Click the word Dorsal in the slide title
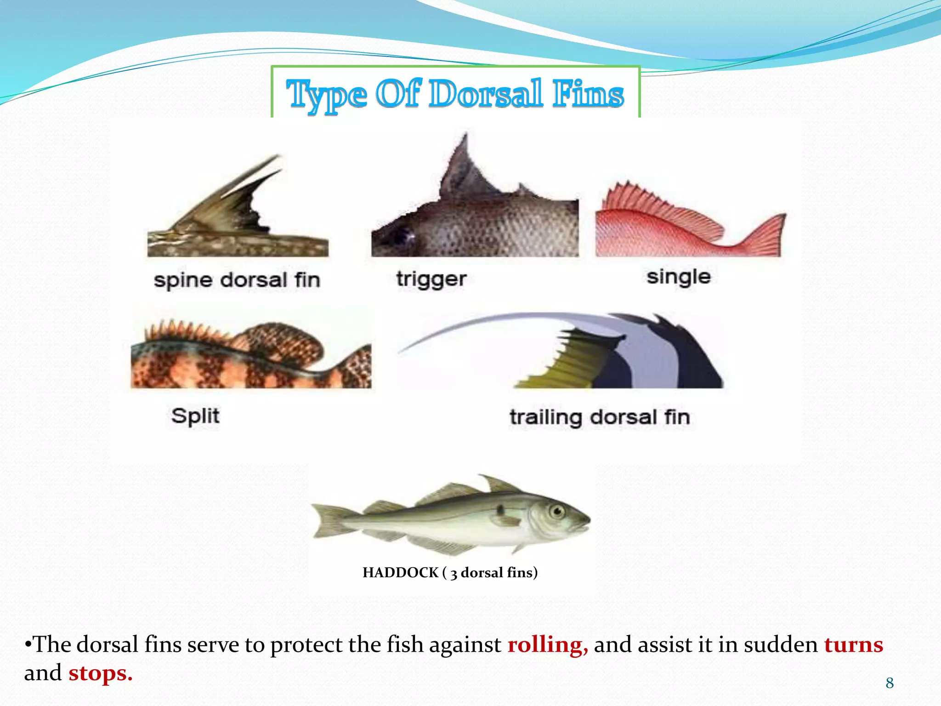[x=486, y=94]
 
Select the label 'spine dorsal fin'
[x=237, y=280]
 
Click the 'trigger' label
[x=431, y=279]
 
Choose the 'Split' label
[x=195, y=416]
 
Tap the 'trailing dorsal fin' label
[x=600, y=417]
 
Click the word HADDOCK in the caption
[x=400, y=573]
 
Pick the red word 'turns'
[x=854, y=644]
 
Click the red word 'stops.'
[x=101, y=673]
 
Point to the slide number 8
[x=890, y=683]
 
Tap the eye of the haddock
[x=557, y=511]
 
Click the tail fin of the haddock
[x=329, y=519]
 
